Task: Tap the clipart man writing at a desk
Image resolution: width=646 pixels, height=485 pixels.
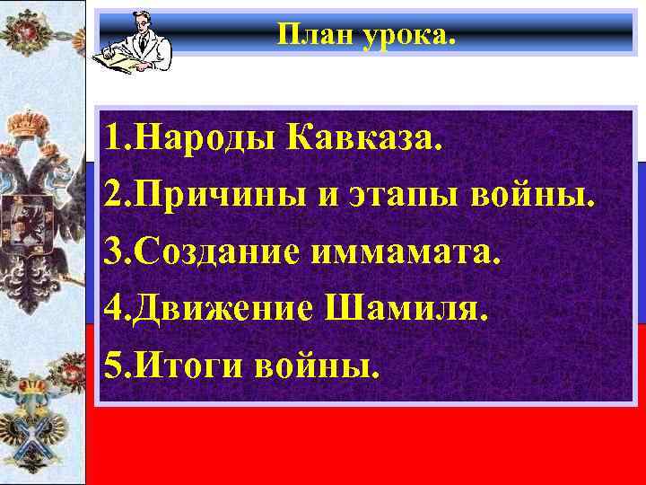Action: pyautogui.click(x=139, y=40)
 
